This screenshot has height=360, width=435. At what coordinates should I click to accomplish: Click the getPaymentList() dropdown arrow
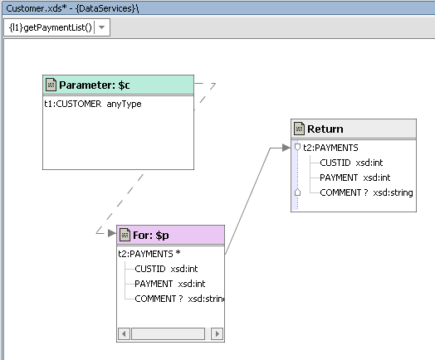coord(101,27)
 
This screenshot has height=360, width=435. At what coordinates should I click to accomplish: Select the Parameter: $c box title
coord(95,85)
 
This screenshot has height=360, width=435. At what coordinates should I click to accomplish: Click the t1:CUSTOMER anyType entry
coord(93,104)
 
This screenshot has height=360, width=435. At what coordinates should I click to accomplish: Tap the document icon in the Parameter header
coord(51,85)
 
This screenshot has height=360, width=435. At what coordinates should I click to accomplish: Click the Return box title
coord(325,129)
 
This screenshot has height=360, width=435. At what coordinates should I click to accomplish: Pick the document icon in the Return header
coord(299,129)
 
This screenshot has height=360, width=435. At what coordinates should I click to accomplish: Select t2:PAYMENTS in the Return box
coord(330,148)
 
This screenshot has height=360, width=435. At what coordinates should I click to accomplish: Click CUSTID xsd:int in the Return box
coord(351,163)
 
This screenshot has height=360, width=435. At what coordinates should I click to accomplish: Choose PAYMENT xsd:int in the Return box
coord(354,178)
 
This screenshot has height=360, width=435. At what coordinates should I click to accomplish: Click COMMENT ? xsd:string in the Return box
coord(366,192)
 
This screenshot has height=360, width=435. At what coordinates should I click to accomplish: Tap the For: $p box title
coord(151,236)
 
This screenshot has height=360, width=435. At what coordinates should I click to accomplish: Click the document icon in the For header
coord(125,235)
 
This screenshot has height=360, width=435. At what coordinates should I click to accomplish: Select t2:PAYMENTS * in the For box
coord(149,254)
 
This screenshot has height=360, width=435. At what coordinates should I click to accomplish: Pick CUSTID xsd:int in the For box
coord(166,269)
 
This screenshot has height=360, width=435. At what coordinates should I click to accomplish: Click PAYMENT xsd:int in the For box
coord(170,284)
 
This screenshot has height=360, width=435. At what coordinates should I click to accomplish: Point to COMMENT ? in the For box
coord(159,299)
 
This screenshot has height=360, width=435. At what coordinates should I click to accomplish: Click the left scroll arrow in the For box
coord(124,333)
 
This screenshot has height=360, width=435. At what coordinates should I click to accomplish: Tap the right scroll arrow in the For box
coord(217,333)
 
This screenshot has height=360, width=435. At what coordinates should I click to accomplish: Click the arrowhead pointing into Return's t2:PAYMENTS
coord(286,148)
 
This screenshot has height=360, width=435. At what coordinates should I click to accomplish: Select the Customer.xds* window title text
coord(72,8)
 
